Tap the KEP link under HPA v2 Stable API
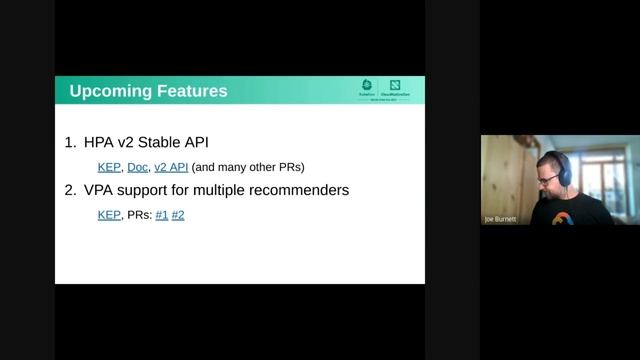(x=109, y=166)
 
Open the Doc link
(x=137, y=166)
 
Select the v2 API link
(x=171, y=166)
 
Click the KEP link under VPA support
(x=109, y=214)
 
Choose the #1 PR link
(x=162, y=214)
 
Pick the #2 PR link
(x=178, y=214)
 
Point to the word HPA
(x=100, y=143)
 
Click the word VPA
(x=100, y=190)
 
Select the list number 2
(x=69, y=190)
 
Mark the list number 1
(x=69, y=143)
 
